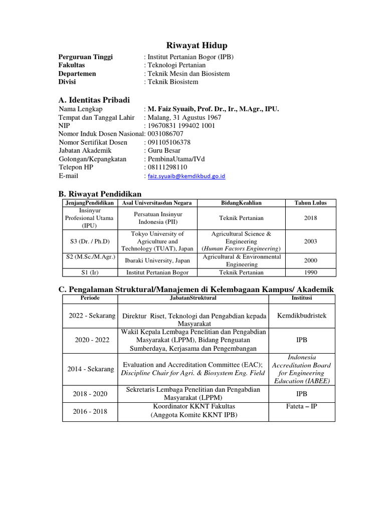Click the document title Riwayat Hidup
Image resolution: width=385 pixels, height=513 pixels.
[192, 46]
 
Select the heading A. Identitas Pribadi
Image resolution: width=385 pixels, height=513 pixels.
[94, 100]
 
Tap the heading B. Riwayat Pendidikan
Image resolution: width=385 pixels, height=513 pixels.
[100, 194]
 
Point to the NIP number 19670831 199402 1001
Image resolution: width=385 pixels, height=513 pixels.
[181, 125]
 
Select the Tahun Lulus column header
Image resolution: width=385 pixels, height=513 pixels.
[310, 203]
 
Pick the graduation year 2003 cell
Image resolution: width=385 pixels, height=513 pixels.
[310, 241]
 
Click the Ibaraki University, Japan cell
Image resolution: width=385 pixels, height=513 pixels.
[157, 261]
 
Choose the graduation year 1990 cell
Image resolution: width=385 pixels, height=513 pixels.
[310, 273]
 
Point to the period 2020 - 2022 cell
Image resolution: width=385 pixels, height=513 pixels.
[92, 340]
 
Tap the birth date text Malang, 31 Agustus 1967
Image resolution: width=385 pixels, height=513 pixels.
[184, 117]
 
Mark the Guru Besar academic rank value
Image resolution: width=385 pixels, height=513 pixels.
[164, 150]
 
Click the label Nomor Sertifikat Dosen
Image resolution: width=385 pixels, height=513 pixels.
[93, 142]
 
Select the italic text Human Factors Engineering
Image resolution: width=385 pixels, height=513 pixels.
[242, 248]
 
